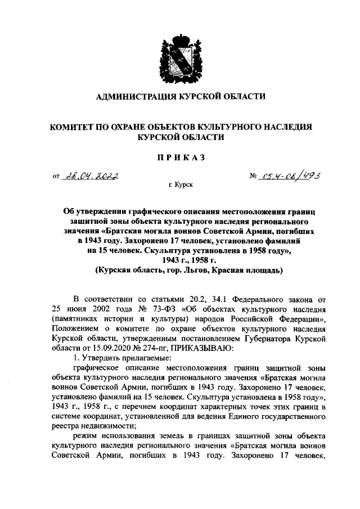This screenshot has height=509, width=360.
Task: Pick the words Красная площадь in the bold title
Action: [x=251, y=270]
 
